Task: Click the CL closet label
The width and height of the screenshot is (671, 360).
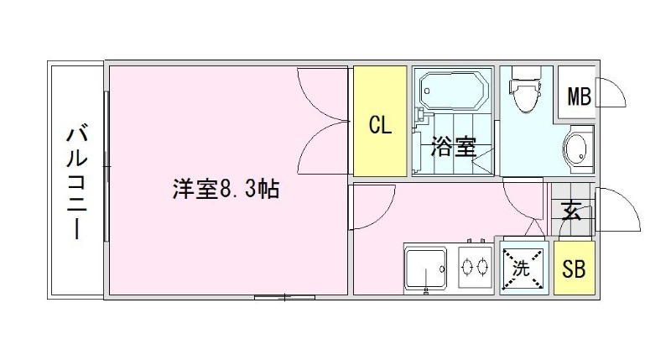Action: (381, 126)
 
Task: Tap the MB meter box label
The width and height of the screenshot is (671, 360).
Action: (580, 97)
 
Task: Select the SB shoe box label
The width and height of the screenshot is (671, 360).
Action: (575, 269)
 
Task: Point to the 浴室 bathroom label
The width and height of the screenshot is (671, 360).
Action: (454, 149)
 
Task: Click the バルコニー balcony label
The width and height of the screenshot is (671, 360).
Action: (76, 181)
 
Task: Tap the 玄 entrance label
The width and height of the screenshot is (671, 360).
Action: (572, 210)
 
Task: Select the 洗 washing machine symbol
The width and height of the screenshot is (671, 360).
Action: (523, 269)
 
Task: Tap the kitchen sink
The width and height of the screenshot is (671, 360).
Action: (429, 269)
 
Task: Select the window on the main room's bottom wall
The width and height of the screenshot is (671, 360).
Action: (285, 296)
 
